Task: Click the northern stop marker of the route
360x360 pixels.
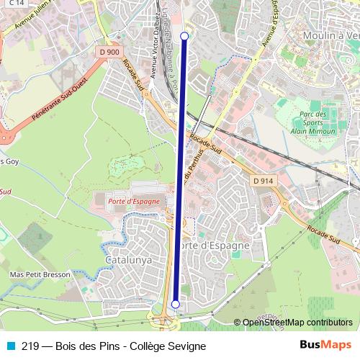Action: [184, 36]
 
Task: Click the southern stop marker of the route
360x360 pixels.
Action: [175, 305]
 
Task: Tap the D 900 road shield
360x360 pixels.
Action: [110, 52]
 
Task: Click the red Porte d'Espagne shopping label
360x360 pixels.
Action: [133, 201]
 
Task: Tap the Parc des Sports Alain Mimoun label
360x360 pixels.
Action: [312, 122]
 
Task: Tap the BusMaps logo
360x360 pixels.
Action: [325, 346]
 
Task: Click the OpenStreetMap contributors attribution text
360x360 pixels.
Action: [297, 323]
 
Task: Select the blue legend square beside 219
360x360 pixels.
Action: [9, 346]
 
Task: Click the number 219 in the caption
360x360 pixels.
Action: [31, 346]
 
